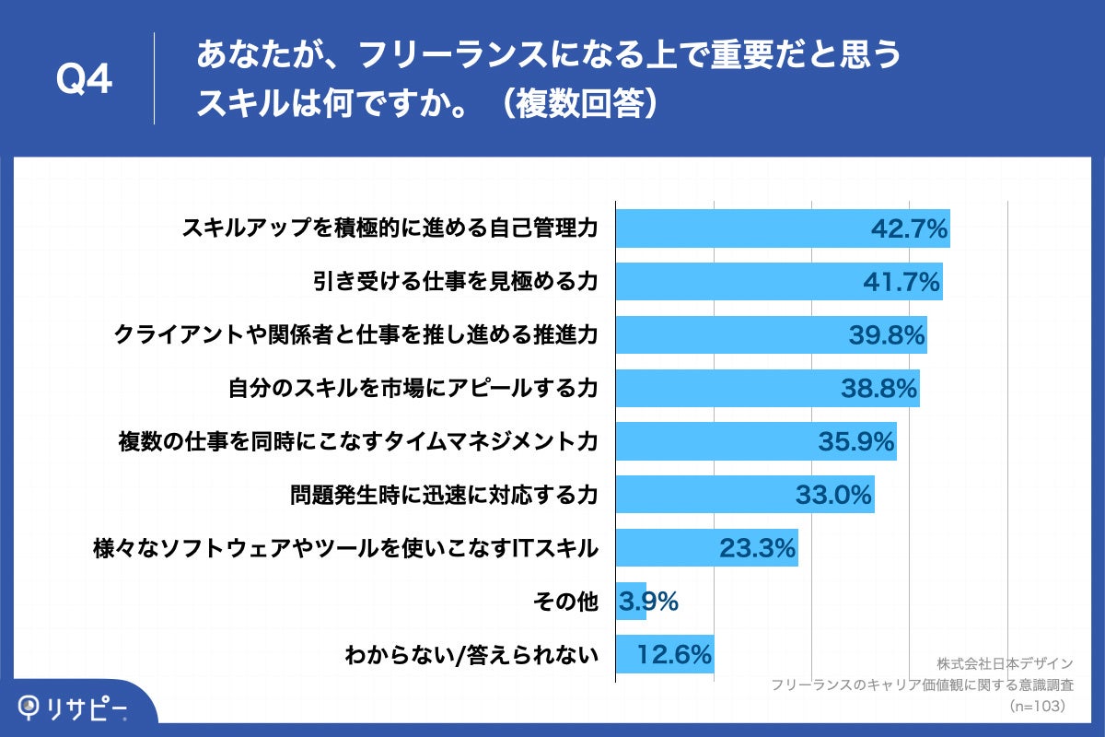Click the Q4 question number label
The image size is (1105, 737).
(84, 80)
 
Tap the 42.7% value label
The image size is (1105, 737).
(909, 229)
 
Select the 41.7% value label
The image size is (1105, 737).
(901, 282)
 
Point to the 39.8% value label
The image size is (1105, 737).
(886, 335)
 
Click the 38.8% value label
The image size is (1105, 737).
(878, 389)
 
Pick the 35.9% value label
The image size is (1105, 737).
(856, 442)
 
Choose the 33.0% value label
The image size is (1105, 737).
(833, 496)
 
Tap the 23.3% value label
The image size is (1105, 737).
(757, 549)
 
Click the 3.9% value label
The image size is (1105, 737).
(648, 602)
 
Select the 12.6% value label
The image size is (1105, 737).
(674, 655)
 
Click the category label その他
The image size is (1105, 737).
(566, 602)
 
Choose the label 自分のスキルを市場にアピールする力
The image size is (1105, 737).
(413, 390)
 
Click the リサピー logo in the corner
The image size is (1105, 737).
(72, 708)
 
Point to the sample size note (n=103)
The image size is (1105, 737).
(1036, 706)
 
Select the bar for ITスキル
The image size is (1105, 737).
(706, 549)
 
